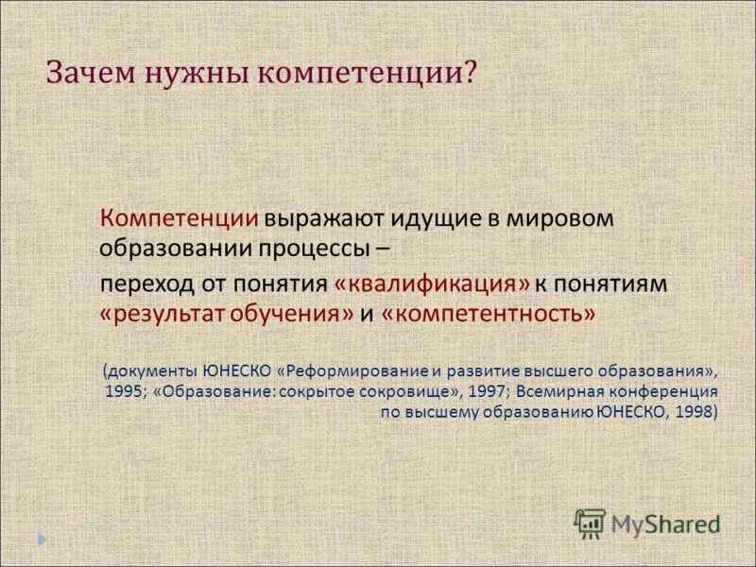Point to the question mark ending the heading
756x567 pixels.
pos(469,72)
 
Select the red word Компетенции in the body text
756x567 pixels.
pos(180,218)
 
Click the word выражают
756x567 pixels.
pos(315,218)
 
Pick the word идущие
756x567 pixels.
pos(419,218)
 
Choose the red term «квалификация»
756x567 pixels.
pos(430,283)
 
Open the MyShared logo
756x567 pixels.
pos(646,523)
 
